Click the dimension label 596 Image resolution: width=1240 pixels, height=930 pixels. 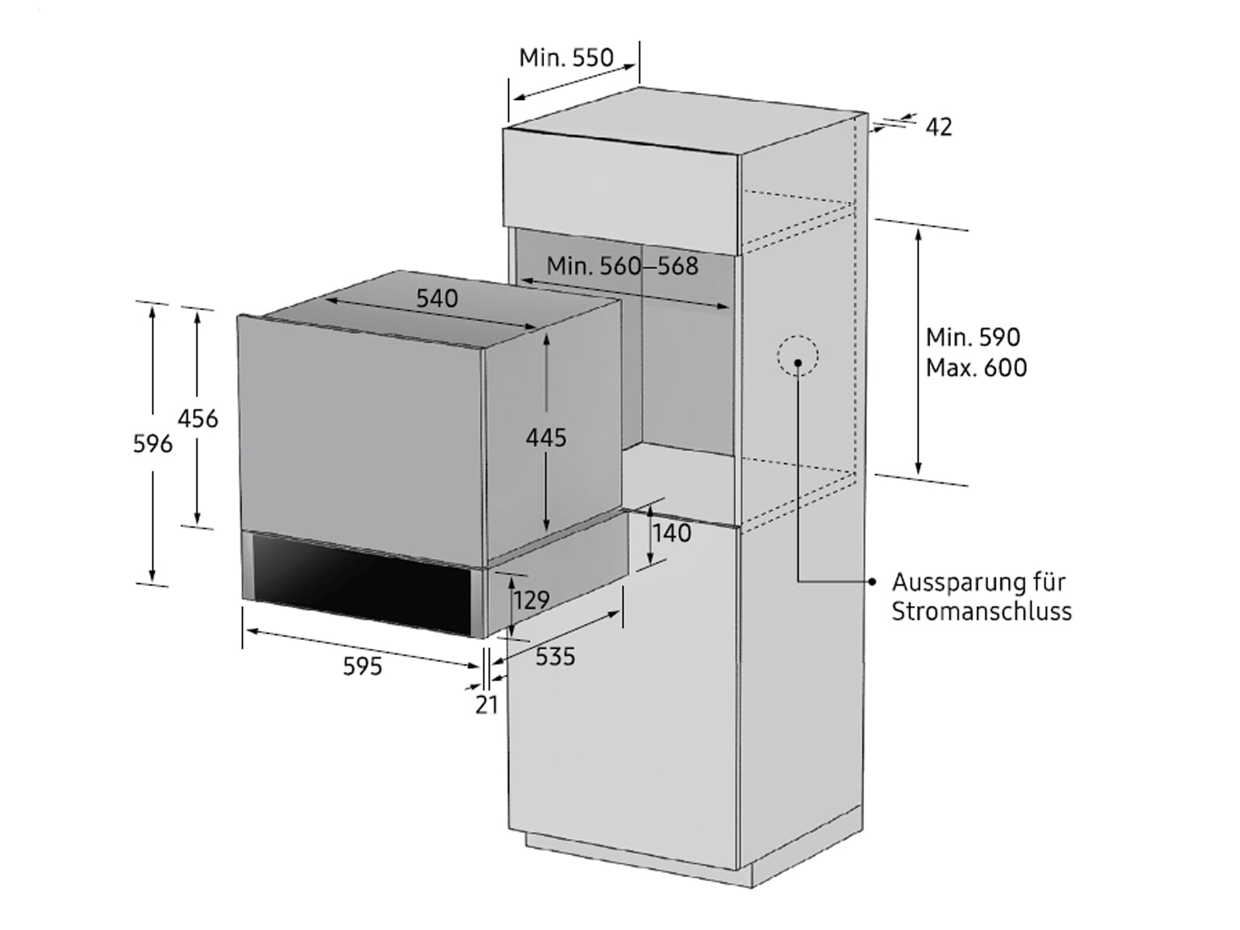(x=153, y=444)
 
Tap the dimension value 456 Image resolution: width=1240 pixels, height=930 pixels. (x=198, y=419)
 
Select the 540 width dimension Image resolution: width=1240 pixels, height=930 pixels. (x=436, y=298)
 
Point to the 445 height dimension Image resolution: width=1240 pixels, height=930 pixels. (x=546, y=438)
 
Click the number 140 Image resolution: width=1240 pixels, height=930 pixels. (x=672, y=532)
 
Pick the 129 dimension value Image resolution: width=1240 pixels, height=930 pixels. (x=532, y=600)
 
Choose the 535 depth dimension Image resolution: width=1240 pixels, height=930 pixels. (x=556, y=656)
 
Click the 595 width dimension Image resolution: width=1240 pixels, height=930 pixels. (x=363, y=666)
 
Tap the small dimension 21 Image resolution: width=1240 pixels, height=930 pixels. (x=487, y=705)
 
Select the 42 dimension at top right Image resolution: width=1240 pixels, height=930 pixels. (x=939, y=127)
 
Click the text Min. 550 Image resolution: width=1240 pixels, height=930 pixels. (x=566, y=57)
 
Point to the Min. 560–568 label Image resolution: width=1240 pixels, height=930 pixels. (x=622, y=266)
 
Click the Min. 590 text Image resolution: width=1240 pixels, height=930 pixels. (x=973, y=338)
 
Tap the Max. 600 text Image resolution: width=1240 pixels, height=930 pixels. (x=976, y=368)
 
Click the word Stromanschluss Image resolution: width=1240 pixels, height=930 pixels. (x=982, y=612)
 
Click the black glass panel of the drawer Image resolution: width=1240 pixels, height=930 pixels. (x=362, y=580)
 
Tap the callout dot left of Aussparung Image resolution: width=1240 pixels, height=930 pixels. (x=873, y=581)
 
